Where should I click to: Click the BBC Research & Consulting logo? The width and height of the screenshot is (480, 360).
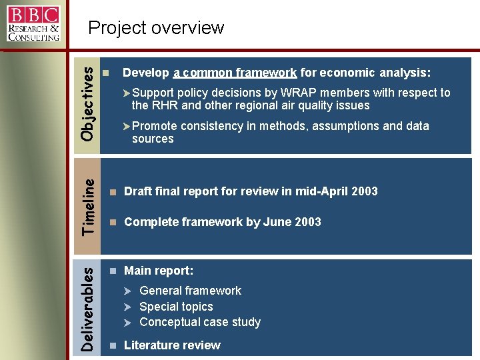coord(33,23)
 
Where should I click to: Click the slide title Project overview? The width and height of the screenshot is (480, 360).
coord(156,28)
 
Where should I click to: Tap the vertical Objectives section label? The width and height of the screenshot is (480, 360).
coord(87,105)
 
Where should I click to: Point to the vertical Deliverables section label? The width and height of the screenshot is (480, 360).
coord(87,307)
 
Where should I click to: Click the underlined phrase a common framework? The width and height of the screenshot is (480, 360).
coord(235,73)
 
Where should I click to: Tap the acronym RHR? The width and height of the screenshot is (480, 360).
coord(163,105)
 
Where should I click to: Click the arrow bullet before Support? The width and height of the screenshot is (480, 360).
coord(127,93)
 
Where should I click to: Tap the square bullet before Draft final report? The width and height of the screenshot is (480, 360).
coord(114,192)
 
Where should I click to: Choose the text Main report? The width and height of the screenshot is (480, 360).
coord(159,271)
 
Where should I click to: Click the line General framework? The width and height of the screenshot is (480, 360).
coord(190,291)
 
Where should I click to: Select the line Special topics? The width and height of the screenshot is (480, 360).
coord(176,307)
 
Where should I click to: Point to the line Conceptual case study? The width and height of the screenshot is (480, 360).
coord(199,323)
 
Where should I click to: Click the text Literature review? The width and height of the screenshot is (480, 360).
coord(172,345)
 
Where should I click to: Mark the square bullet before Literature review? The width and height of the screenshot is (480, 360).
coord(114,346)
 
